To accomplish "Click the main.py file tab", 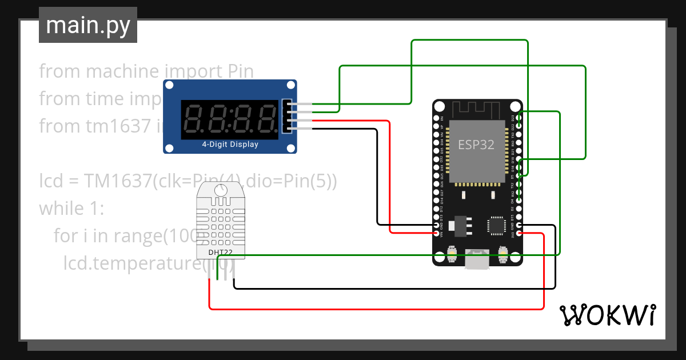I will coord(87,25).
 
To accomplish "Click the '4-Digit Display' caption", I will coord(230,145).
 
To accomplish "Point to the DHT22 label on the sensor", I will coord(220,252).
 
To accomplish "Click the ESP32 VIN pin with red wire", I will coord(437,233).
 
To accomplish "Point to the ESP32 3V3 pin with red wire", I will coord(519,233).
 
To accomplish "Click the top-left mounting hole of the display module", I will coord(170,86).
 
